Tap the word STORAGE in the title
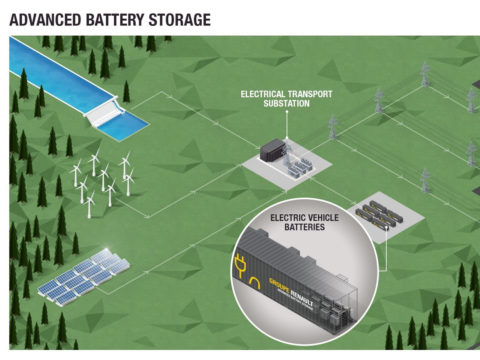click(x=183, y=18)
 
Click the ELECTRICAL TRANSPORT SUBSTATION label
click(x=286, y=98)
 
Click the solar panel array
click(x=86, y=277)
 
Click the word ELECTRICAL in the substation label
click(x=262, y=93)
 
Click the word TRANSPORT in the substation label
click(x=308, y=93)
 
